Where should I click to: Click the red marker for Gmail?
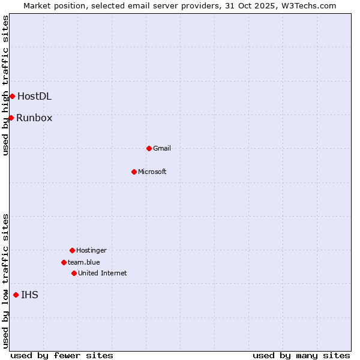pos(149,148)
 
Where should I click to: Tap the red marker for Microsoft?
pos(134,172)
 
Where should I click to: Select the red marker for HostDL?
pos(12,96)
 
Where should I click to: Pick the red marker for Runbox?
pos(11,118)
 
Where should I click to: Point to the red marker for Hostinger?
pos(72,250)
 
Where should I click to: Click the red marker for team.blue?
pos(64,262)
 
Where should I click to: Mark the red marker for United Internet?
pos(74,273)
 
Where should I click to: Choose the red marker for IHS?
pos(16,295)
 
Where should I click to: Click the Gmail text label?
pos(162,148)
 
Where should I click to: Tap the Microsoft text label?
pos(152,172)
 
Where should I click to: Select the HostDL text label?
pos(34,96)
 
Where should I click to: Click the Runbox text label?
pos(34,118)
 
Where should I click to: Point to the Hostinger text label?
pos(91,250)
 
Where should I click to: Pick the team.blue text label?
pos(84,262)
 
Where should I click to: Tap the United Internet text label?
pos(103,273)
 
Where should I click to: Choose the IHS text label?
pos(29,295)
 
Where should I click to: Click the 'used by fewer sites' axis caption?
pos(62,355)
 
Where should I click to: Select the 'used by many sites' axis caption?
pos(301,355)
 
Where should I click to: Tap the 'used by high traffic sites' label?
pos(5,86)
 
